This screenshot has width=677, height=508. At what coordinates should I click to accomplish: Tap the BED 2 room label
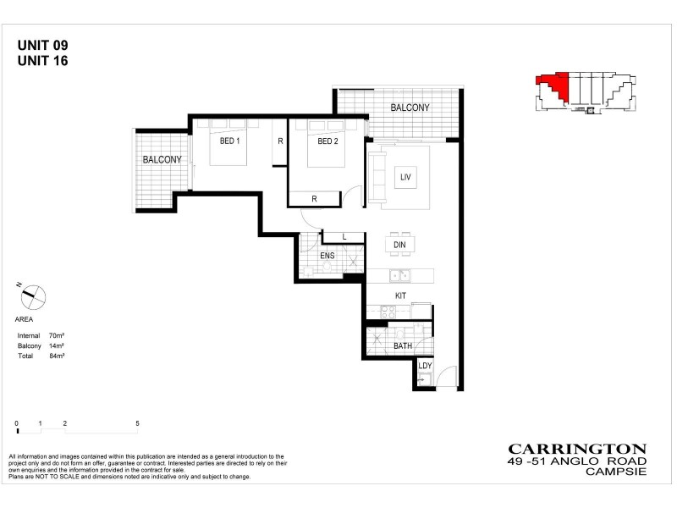[x=327, y=141]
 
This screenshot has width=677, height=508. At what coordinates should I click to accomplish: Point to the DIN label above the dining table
[x=400, y=245]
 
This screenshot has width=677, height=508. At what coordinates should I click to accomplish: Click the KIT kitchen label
[x=401, y=295]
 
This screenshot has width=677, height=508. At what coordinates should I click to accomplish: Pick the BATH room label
[x=403, y=346]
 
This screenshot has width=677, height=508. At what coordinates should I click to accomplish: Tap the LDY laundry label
[x=425, y=366]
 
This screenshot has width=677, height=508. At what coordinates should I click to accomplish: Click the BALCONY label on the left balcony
[x=162, y=159]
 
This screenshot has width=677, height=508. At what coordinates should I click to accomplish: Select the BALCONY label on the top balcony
[x=410, y=108]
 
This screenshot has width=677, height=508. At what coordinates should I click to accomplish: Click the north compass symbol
[x=33, y=296]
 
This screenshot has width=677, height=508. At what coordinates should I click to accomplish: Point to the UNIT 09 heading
[x=43, y=45]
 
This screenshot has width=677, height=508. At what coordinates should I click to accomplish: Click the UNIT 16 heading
[x=43, y=60]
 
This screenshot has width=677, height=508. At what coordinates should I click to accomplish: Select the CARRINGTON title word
[x=577, y=450]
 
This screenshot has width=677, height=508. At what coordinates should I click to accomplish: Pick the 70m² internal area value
[x=57, y=336]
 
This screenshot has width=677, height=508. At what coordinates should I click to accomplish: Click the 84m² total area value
[x=57, y=356]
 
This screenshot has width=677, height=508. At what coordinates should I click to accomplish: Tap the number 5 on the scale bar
[x=137, y=422]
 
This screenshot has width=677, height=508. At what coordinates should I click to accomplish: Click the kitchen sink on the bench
[x=397, y=274]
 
